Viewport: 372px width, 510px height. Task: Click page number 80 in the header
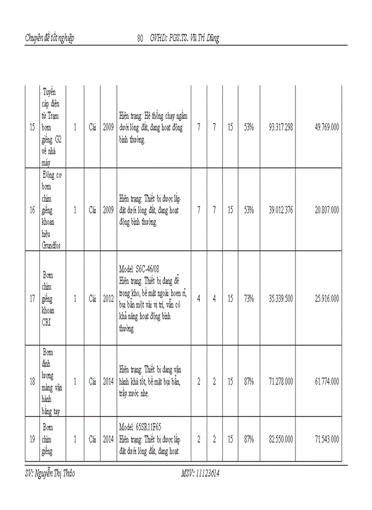point(140,38)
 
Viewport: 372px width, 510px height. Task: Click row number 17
point(32,299)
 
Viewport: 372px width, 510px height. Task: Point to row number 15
point(32,127)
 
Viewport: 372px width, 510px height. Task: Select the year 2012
point(108,299)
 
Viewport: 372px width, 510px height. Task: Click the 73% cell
point(249,299)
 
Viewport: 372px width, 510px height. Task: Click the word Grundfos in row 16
point(52,245)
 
